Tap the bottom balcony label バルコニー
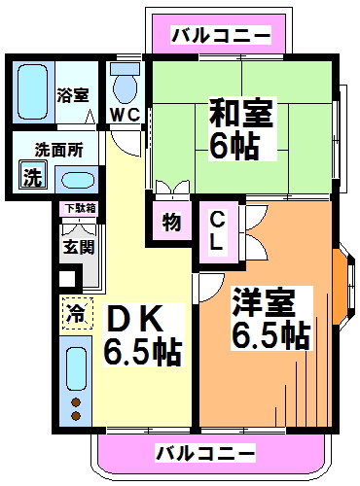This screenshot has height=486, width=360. tap(204, 453)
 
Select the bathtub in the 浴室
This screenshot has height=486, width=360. tap(35, 93)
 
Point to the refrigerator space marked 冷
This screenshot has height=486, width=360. tap(75, 314)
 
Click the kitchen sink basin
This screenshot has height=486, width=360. tap(76, 369)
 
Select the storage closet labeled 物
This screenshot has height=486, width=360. tap(171, 223)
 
